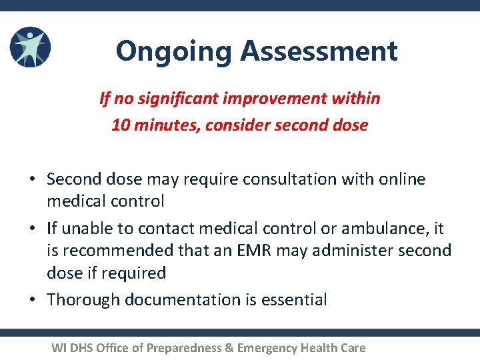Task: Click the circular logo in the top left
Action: [x=30, y=48]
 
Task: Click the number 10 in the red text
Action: [x=121, y=125]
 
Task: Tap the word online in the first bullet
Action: [x=402, y=179]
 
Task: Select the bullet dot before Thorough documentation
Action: [x=31, y=300]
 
